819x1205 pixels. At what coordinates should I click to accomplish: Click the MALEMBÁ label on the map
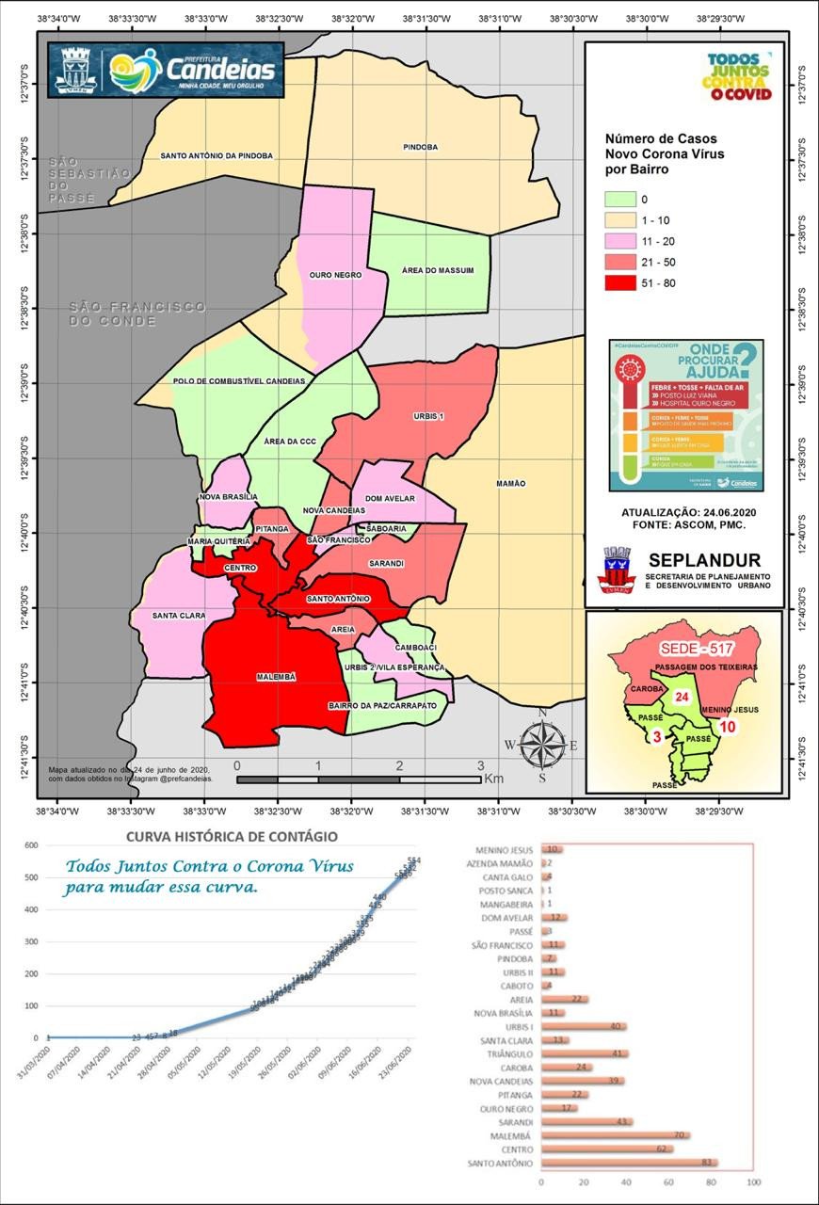276,677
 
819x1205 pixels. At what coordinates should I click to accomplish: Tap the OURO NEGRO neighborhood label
335,275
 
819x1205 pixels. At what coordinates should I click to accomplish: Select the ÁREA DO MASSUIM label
437,270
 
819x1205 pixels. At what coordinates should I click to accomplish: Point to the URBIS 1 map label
428,416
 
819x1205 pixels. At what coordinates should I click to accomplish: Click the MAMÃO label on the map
510,483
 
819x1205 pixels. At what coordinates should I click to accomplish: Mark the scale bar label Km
494,779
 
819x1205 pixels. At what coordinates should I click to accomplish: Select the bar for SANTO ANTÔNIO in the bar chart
629,1164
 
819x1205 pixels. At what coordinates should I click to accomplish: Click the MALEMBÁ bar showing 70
615,1136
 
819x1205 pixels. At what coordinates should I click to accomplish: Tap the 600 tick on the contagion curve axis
31,845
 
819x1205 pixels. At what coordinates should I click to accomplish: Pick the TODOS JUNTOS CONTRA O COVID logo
738,77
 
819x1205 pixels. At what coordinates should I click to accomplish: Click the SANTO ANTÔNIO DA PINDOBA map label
217,155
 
